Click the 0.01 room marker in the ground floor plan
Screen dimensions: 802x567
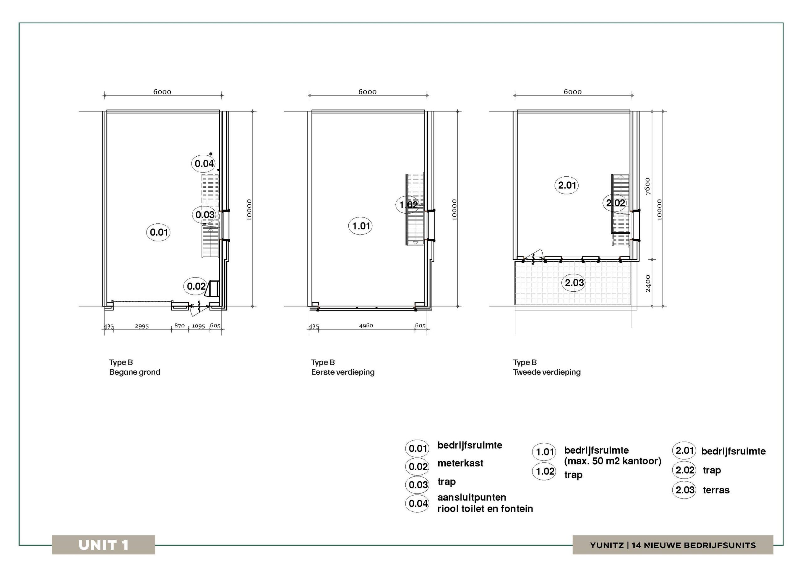pyautogui.click(x=158, y=232)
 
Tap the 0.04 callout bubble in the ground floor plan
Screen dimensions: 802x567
pyautogui.click(x=204, y=164)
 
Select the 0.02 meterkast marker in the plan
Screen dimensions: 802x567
pyautogui.click(x=196, y=286)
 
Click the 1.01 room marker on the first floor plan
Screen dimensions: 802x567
pyautogui.click(x=361, y=226)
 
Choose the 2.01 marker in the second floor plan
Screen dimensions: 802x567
pyautogui.click(x=567, y=185)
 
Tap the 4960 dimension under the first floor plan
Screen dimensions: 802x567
pyautogui.click(x=366, y=325)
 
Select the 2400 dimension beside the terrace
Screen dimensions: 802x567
pyautogui.click(x=648, y=283)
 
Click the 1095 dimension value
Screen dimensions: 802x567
pyautogui.click(x=198, y=326)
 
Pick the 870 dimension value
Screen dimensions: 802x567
pyautogui.click(x=180, y=325)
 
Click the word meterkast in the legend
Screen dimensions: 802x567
pyautogui.click(x=461, y=463)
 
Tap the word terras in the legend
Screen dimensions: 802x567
pyautogui.click(x=716, y=490)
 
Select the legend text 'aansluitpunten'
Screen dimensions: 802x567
pyautogui.click(x=471, y=497)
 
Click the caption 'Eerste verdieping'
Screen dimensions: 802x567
pyautogui.click(x=343, y=372)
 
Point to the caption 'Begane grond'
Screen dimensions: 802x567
pyautogui.click(x=135, y=372)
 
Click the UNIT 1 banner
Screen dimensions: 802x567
pyautogui.click(x=103, y=545)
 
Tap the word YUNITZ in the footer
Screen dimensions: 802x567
pyautogui.click(x=607, y=545)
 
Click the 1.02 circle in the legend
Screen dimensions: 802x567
pyautogui.click(x=544, y=471)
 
